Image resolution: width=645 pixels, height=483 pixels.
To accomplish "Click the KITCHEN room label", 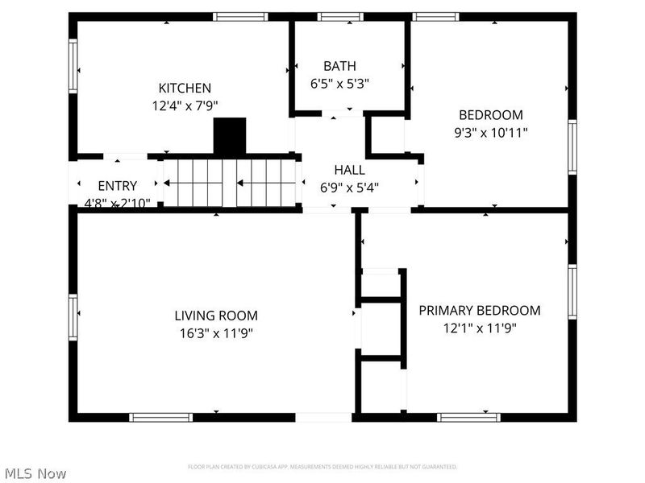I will coord(185,88).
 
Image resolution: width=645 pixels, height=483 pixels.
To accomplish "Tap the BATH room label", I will coord(339,66).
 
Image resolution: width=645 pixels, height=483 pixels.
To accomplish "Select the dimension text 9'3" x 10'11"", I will coord(491,131).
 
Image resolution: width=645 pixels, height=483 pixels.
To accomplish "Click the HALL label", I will coord(349,170).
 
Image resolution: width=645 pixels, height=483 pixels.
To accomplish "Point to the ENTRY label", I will coord(117,186).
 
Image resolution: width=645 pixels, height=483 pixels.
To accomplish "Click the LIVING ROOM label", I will coord(216,316).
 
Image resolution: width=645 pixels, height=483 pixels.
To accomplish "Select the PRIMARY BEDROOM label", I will coord(479,311).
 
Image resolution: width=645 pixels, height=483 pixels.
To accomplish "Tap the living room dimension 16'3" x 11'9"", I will coord(216,332).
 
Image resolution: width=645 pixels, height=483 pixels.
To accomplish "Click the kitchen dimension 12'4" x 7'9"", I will coord(185,105).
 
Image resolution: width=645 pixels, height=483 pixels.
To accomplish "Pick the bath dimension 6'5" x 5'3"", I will coord(339,83).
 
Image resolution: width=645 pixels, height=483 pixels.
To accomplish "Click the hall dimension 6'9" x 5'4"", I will coord(349,187).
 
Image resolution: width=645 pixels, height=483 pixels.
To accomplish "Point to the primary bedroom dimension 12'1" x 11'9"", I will coord(479,328).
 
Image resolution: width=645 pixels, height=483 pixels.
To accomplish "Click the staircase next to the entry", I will coord(231,182).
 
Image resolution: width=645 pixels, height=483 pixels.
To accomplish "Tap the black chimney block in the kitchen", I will coord(230,136).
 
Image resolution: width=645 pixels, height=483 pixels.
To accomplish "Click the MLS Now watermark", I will coord(35,473).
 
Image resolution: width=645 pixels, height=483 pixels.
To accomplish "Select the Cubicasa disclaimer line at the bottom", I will coord(322,467).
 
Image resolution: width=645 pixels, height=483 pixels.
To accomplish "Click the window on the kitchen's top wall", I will coord(240,16).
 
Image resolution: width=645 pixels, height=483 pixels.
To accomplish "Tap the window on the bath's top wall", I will coord(340,16).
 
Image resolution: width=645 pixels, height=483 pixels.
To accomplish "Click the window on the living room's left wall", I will coord(73,316).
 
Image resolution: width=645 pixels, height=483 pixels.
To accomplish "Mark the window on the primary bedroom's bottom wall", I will coord(468,417).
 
